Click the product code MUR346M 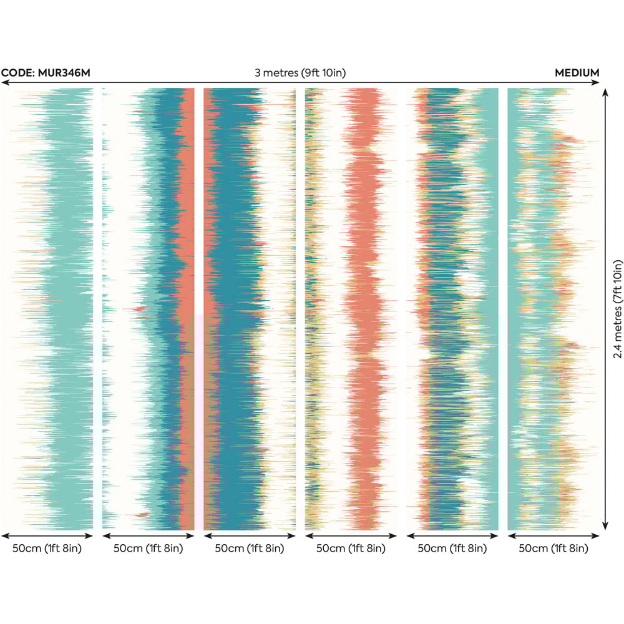(x=64, y=73)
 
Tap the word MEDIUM (x=577, y=73)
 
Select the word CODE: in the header (x=18, y=73)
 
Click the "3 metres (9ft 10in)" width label (x=300, y=73)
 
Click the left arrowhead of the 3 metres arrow (x=3, y=82)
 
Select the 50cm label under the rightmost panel (x=553, y=548)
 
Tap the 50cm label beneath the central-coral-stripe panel (x=351, y=548)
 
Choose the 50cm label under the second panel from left (x=148, y=548)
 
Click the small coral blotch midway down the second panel (x=140, y=308)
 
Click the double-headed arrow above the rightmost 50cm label (x=553, y=535)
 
